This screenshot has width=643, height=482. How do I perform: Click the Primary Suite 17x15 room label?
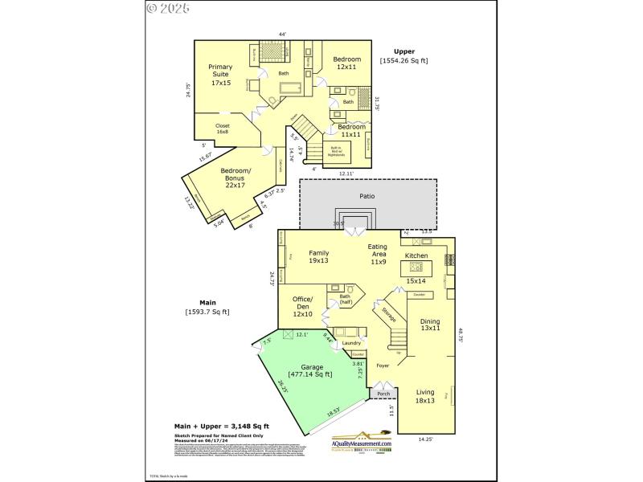(x=220, y=74)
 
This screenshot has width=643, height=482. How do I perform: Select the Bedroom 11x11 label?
(x=351, y=131)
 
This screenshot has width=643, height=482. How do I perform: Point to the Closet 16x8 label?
(x=222, y=129)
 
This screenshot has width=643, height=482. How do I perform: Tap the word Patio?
(x=367, y=195)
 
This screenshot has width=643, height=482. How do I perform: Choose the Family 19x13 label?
(x=319, y=256)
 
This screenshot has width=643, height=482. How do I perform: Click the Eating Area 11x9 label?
(x=378, y=253)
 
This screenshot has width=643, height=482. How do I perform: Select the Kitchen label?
(x=416, y=255)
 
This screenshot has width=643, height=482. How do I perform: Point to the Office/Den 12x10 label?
(x=302, y=307)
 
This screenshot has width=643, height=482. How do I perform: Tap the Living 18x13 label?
(x=425, y=395)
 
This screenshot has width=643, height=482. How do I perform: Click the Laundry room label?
(x=351, y=343)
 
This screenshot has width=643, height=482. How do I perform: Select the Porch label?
(x=383, y=394)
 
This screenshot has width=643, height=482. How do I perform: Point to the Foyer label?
(x=383, y=366)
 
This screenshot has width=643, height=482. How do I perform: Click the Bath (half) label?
(x=345, y=300)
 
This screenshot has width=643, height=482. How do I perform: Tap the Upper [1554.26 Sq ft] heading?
(x=404, y=55)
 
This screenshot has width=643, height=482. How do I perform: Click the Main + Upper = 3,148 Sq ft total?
(x=222, y=426)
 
